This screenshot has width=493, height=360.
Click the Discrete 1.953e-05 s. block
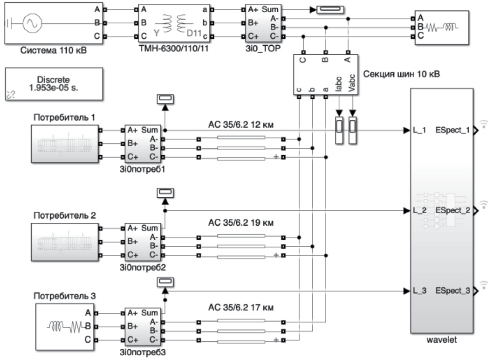coord(54,84)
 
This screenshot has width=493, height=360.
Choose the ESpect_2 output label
coord(452,210)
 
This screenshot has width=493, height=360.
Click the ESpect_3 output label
coord(452,291)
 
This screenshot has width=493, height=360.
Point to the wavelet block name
coord(441,340)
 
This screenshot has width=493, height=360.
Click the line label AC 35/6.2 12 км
coord(240,125)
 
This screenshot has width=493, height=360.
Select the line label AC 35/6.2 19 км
coord(240,222)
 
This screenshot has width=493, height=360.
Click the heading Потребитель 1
coord(64,117)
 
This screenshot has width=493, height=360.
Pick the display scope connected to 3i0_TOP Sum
coord(329,10)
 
